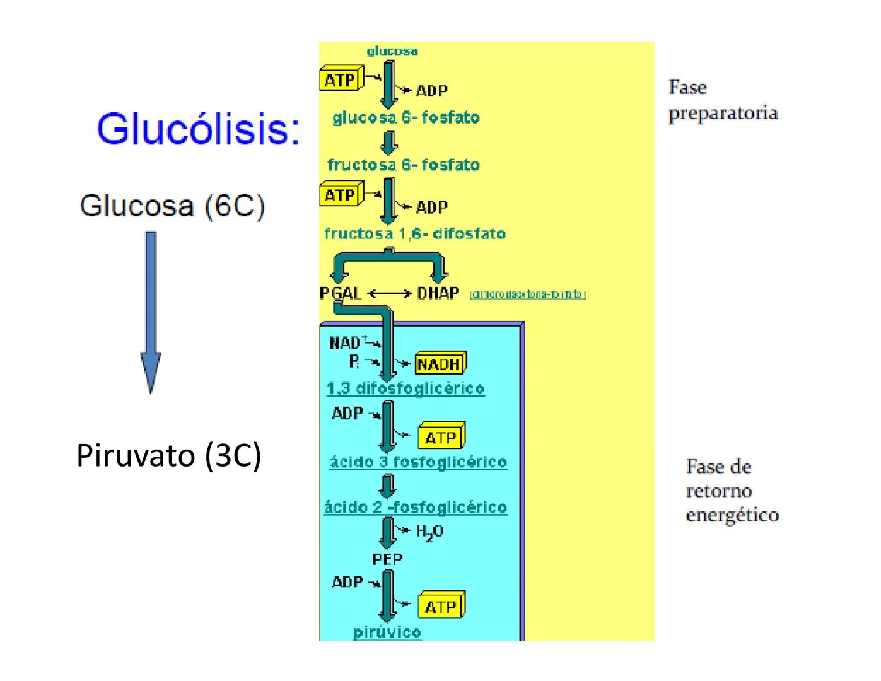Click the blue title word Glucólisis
[x=198, y=129]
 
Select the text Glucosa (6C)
[x=172, y=206]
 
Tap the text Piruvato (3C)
[x=168, y=455]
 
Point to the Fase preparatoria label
[x=722, y=100]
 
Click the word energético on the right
[x=732, y=515]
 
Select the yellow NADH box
[x=440, y=364]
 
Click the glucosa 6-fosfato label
[x=405, y=118]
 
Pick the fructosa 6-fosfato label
[x=403, y=165]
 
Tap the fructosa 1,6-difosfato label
[x=414, y=234]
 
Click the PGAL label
[x=341, y=294]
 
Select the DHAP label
[x=438, y=294]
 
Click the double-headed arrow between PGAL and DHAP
[x=389, y=294]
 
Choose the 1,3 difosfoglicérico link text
[x=405, y=388]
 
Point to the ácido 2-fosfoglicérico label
[x=415, y=508]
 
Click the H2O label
[x=430, y=532]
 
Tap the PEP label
[x=387, y=559]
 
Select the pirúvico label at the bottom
[x=387, y=632]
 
